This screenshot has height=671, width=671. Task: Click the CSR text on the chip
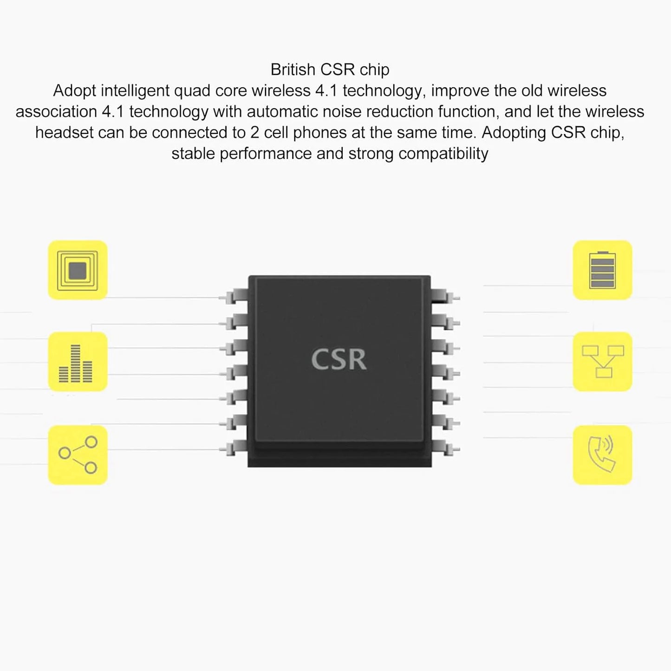[x=339, y=359]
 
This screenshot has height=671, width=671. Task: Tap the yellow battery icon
[x=602, y=270]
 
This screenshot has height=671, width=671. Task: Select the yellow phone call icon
[x=602, y=455]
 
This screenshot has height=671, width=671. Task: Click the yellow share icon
[x=78, y=455]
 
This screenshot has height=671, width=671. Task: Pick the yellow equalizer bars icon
[x=78, y=361]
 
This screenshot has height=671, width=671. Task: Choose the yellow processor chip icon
[x=78, y=270]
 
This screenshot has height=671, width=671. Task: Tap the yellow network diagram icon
[x=602, y=361]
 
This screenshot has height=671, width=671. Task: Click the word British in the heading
[x=293, y=70]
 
